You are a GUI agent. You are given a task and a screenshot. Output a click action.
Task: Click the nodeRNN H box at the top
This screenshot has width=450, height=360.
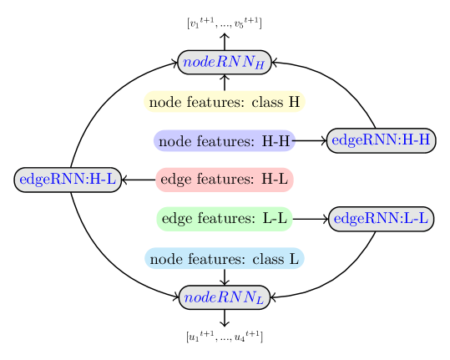point(225,62)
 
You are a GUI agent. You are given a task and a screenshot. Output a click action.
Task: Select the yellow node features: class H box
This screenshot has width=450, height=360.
point(225,102)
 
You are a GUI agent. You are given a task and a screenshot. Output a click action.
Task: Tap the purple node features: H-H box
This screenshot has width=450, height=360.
point(225,141)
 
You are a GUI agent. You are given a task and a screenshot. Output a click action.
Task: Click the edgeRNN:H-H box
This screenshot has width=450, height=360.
point(381,140)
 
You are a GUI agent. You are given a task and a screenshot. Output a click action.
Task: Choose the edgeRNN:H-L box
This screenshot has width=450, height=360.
point(68,180)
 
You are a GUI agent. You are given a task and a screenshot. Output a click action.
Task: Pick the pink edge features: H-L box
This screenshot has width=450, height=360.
point(225,180)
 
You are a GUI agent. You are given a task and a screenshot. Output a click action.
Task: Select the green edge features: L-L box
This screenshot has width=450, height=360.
point(225,219)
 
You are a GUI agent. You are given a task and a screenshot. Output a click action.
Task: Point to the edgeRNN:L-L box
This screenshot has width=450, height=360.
point(382,220)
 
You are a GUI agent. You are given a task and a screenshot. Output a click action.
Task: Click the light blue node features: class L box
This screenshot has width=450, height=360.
point(225,259)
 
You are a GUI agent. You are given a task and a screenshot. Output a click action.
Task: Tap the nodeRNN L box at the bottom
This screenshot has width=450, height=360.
point(225,297)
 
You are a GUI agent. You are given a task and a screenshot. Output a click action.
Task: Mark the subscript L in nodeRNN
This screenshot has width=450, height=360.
point(260,301)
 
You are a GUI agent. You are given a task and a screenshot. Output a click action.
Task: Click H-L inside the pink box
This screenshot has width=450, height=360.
point(275,180)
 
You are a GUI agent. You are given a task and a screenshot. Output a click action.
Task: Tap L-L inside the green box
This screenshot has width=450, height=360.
point(275,219)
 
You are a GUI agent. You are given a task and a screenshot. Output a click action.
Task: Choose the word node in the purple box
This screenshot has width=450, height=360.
point(173,142)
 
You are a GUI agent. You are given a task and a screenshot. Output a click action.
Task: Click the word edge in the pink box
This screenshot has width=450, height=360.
point(174,180)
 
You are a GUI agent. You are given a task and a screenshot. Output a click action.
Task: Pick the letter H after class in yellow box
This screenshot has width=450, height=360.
point(294,103)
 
